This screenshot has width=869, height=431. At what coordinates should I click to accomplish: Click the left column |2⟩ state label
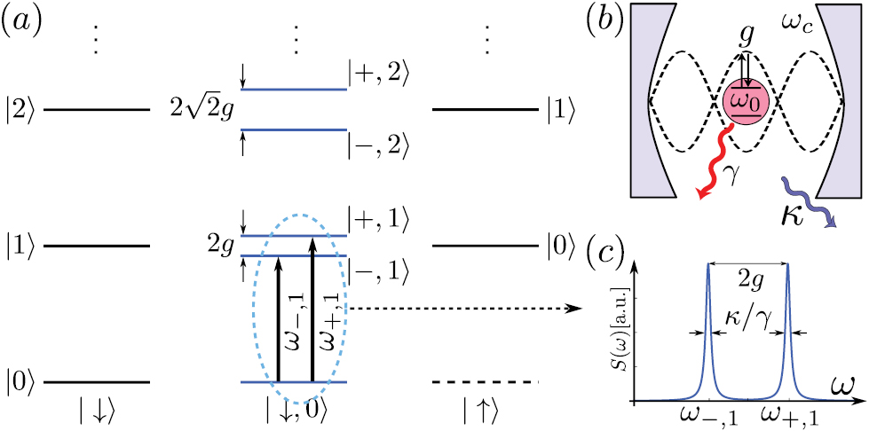coord(19,111)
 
